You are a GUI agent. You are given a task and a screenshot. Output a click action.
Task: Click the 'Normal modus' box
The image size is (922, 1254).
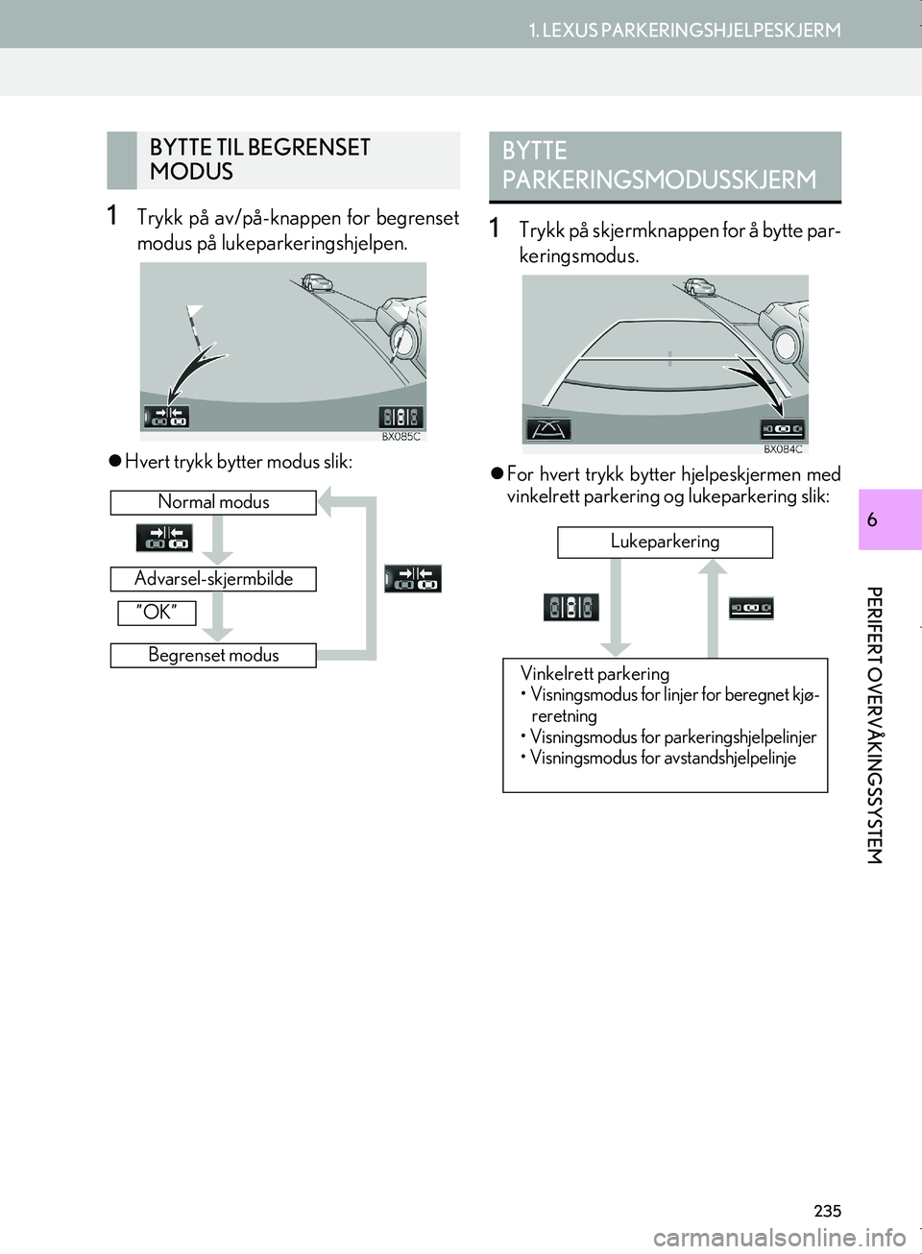pos(213,502)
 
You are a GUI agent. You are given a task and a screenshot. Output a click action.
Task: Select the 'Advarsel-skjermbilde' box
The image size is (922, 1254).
pos(213,579)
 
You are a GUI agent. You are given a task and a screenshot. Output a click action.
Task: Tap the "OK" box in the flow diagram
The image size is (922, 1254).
pos(157,613)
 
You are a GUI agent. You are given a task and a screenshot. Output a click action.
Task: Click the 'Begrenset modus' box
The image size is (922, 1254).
pos(213,656)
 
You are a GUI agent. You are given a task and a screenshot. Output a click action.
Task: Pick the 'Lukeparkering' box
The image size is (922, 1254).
pos(665,542)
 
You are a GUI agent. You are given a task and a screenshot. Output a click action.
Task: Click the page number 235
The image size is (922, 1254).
pos(827,1212)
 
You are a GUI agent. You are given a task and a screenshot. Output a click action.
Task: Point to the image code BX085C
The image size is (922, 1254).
pos(400,437)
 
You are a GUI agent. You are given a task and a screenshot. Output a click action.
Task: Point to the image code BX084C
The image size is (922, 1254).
pos(783,449)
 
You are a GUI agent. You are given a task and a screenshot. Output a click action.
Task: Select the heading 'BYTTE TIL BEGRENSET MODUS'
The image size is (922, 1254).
pos(260,159)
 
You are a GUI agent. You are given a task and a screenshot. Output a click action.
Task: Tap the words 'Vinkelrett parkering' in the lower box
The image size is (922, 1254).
pos(594,674)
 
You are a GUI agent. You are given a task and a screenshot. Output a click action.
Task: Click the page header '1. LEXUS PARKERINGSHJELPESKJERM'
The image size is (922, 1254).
pos(685,30)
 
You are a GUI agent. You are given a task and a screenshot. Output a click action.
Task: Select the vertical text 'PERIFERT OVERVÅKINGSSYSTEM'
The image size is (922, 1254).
pos(873,725)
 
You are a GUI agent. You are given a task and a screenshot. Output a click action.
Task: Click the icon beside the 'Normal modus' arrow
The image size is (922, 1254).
pos(164,538)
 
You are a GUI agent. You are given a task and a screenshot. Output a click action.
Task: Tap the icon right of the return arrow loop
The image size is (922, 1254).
pos(413,579)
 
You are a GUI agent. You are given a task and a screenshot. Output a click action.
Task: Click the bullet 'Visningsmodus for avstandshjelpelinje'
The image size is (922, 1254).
pos(663,759)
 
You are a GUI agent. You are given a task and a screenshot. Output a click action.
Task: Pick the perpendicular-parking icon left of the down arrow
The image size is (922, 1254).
pos(571,607)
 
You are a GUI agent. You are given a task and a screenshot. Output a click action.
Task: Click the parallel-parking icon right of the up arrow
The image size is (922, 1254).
pos(750,608)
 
